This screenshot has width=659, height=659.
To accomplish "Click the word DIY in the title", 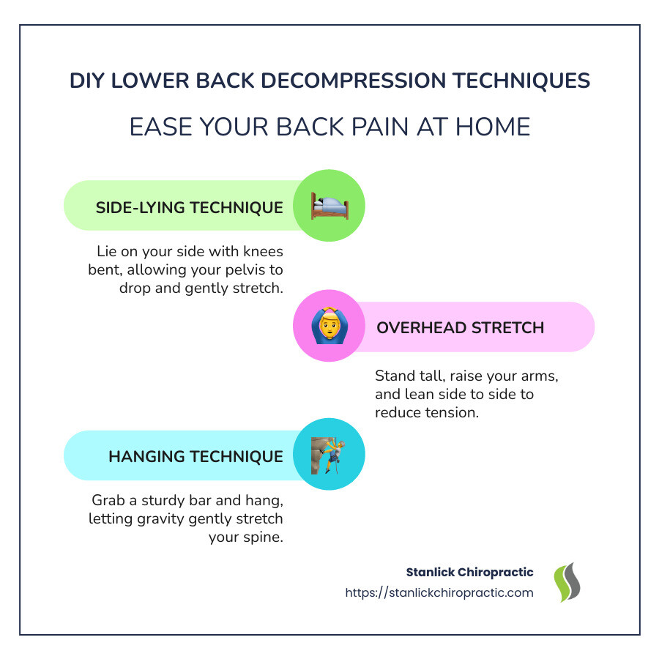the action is (87, 81).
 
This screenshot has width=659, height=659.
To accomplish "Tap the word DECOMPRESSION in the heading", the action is (354, 81).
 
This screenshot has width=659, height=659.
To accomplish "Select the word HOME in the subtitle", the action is (493, 127).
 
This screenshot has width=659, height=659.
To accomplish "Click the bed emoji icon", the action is (330, 206).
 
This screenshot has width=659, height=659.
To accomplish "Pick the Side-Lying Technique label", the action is (190, 208).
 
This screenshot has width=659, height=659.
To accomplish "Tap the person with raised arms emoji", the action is (329, 325).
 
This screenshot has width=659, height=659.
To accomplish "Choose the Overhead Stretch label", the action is (461, 328).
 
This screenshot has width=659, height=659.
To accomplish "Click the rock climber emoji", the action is (328, 455).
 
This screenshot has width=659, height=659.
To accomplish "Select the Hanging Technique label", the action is (196, 456).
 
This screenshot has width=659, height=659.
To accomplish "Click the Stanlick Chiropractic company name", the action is (470, 572).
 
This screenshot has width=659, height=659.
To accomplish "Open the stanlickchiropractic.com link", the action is (439, 592).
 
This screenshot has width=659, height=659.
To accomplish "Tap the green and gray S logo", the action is (567, 582).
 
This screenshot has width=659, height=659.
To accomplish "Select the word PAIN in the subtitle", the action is (379, 127).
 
